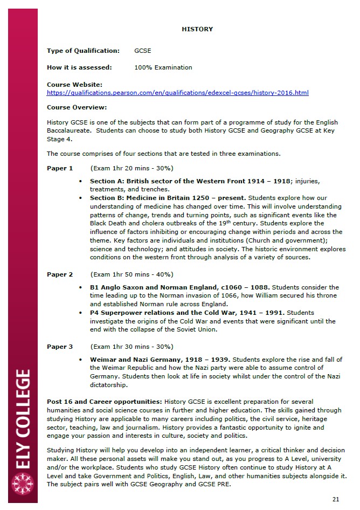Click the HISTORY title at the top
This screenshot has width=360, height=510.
pyautogui.click(x=197, y=29)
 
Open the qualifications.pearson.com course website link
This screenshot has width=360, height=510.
pyautogui.click(x=177, y=93)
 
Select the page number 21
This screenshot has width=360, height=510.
pyautogui.click(x=336, y=499)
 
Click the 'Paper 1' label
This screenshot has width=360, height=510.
pyautogui.click(x=60, y=168)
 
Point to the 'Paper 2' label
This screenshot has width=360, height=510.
pyautogui.click(x=60, y=274)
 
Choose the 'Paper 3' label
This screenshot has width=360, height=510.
pyautogui.click(x=60, y=347)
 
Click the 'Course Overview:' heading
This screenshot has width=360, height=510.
pyautogui.click(x=77, y=107)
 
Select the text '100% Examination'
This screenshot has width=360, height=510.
pyautogui.click(x=163, y=67)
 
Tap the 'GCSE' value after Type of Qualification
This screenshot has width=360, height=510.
pyautogui.click(x=142, y=51)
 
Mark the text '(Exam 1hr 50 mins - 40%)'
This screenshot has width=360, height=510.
pyautogui.click(x=131, y=274)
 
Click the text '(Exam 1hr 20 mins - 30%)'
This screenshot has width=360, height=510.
pyautogui.click(x=131, y=168)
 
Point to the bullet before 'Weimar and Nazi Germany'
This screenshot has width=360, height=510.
pyautogui.click(x=80, y=360)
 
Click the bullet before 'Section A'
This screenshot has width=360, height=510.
pyautogui.click(x=80, y=181)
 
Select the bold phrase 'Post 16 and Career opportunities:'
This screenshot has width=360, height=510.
pyautogui.click(x=105, y=402)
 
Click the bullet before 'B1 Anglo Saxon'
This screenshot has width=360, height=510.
pyautogui.click(x=80, y=287)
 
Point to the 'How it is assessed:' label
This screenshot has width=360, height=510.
pyautogui.click(x=79, y=67)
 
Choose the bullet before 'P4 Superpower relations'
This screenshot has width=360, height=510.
pyautogui.click(x=80, y=313)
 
